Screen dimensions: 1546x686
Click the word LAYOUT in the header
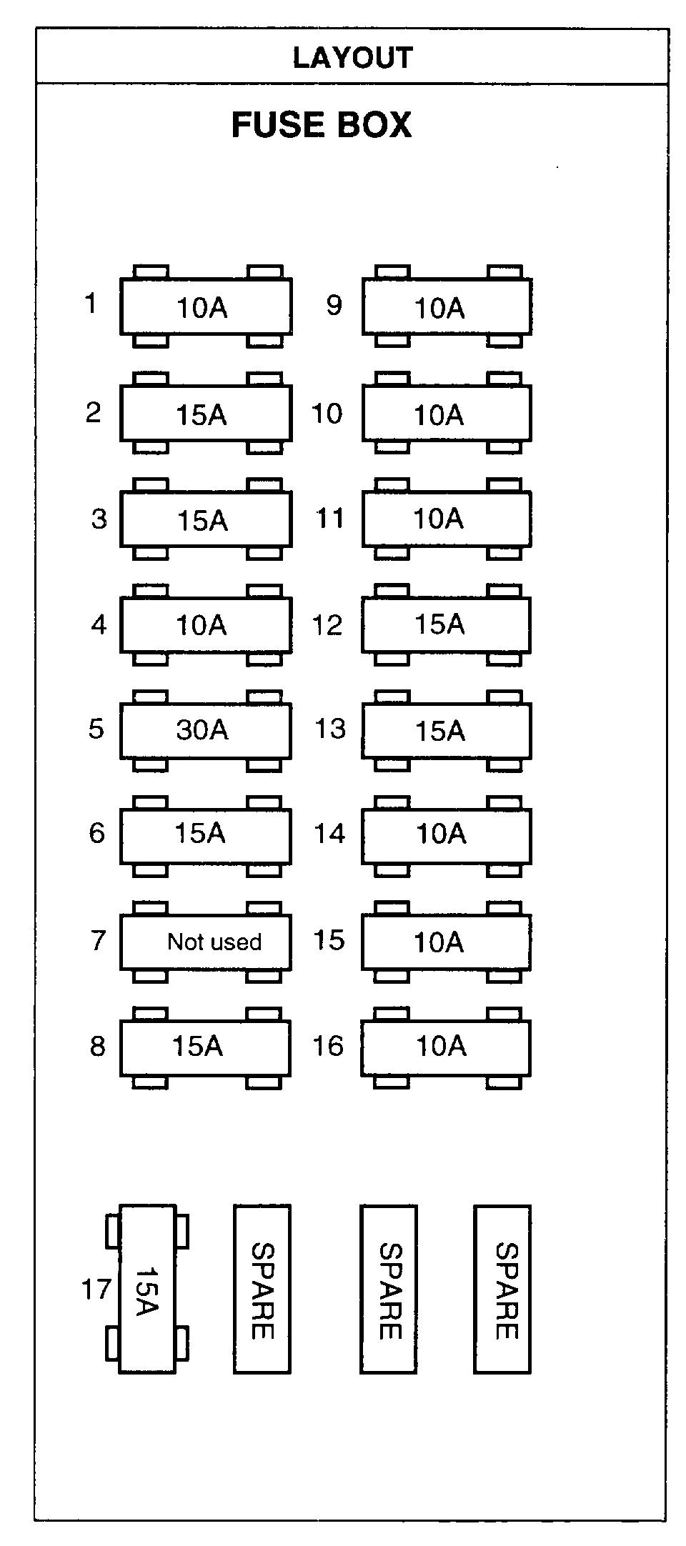pyautogui.click(x=352, y=58)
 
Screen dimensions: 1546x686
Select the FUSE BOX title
pyautogui.click(x=322, y=125)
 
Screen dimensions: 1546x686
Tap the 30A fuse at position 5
pyautogui.click(x=205, y=730)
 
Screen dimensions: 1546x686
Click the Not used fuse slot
pyautogui.click(x=205, y=942)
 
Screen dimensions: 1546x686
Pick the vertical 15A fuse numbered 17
pyautogui.click(x=147, y=1290)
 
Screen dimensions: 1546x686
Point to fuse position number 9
pyautogui.click(x=334, y=306)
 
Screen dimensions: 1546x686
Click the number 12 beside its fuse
pyautogui.click(x=327, y=626)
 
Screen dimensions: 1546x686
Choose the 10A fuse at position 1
pyautogui.click(x=205, y=307)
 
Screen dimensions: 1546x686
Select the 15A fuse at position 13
pyautogui.click(x=446, y=731)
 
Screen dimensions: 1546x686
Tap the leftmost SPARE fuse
pyautogui.click(x=262, y=1290)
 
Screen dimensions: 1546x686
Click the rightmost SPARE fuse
pyautogui.click(x=502, y=1290)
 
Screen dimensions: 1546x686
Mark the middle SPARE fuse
pyautogui.click(x=389, y=1290)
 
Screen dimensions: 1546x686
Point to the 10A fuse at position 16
pyautogui.click(x=446, y=1047)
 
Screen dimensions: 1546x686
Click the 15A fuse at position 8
pyautogui.click(x=205, y=1047)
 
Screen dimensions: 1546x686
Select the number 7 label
pyautogui.click(x=99, y=940)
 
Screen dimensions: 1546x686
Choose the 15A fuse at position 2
pyautogui.click(x=205, y=414)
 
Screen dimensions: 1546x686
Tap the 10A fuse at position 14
pyautogui.click(x=446, y=834)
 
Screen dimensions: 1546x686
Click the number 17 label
pyautogui.click(x=96, y=1290)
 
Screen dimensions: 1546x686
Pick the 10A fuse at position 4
pyautogui.click(x=205, y=625)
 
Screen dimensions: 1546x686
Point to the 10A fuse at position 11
pyautogui.click(x=446, y=519)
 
